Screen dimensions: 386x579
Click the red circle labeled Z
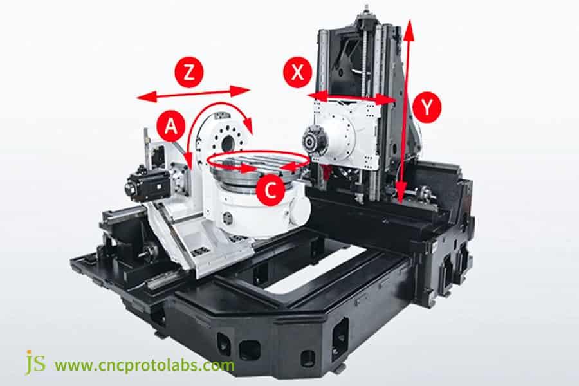[x=188, y=73]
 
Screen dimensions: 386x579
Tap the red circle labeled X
[x=297, y=73]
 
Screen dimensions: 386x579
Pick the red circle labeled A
[x=170, y=126]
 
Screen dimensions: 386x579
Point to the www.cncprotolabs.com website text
[x=144, y=365]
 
